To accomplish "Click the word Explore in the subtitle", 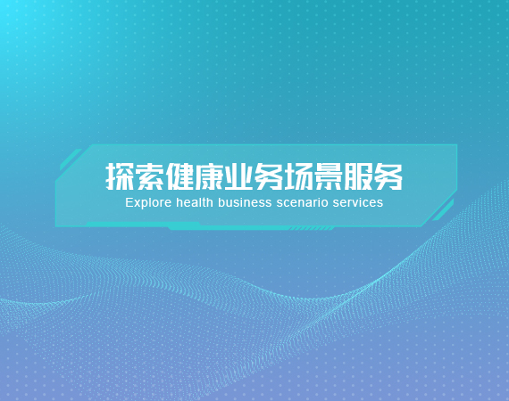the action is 148,203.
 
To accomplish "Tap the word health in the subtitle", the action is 195,202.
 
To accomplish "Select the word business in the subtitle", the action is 245,202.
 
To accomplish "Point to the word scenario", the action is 302,202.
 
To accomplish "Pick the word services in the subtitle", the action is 358,202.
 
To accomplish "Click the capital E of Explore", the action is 129,202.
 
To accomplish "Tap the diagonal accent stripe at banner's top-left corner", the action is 71,160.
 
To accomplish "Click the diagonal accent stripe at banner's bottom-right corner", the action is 443,210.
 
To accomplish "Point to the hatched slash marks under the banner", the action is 312,229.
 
